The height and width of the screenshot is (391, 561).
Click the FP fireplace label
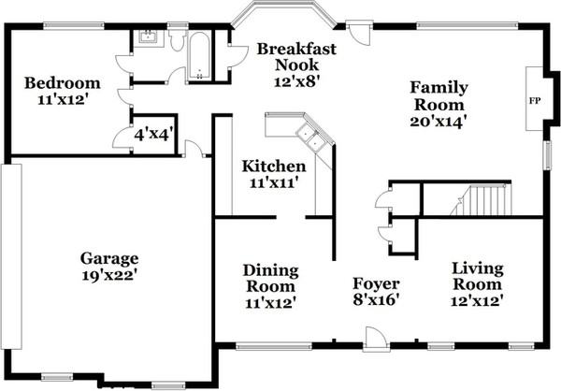tap(535, 101)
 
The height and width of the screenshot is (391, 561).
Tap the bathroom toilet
tap(177, 40)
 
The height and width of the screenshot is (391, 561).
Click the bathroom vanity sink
tap(148, 36)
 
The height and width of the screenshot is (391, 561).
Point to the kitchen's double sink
tap(310, 138)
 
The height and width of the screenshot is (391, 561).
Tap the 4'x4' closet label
tap(154, 135)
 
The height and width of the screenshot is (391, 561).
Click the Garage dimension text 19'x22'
tap(109, 275)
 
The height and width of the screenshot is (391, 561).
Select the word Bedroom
tap(63, 83)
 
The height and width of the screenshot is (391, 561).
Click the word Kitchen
tap(274, 167)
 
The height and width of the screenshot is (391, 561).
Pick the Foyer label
tap(376, 283)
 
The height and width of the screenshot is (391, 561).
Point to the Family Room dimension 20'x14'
tap(439, 122)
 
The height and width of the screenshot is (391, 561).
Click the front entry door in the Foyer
tap(376, 340)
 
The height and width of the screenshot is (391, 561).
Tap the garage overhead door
tap(11, 256)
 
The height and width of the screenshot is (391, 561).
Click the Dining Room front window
tap(274, 346)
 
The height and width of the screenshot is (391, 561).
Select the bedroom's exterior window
tap(74, 26)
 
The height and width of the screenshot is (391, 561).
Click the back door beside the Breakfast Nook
tap(360, 32)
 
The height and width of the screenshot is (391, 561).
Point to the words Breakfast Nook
tap(296, 56)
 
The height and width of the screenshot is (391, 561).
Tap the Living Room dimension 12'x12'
tap(477, 300)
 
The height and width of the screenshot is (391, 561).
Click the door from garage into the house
tap(194, 149)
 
